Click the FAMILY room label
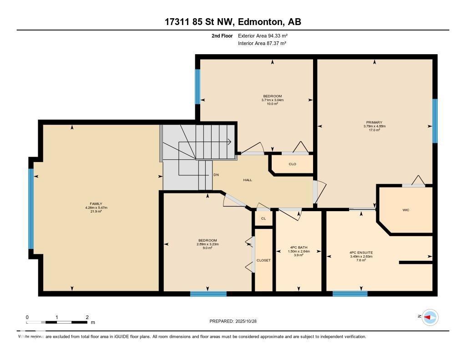[x=96, y=204]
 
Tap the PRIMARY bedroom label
[x=374, y=122]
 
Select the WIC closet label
[x=406, y=210]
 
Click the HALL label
[x=247, y=180]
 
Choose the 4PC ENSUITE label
[x=361, y=252]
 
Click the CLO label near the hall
[x=292, y=164]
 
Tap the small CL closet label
[x=263, y=219]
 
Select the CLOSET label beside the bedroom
[x=263, y=260]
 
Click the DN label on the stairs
[x=216, y=175]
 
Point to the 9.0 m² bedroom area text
[x=208, y=248]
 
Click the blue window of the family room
[x=31, y=208]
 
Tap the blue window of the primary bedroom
[x=435, y=121]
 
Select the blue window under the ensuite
[x=349, y=294]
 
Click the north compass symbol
[x=430, y=317]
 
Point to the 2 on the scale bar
[x=87, y=317]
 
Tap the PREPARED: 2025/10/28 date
[x=236, y=321]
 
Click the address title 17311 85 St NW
[x=233, y=21]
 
